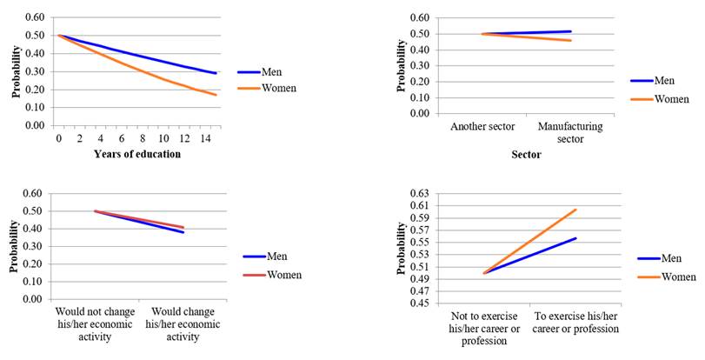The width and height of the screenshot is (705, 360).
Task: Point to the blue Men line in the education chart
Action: (x=139, y=56)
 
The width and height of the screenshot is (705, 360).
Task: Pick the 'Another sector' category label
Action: (x=482, y=126)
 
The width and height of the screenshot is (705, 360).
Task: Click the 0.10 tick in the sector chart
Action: (x=420, y=97)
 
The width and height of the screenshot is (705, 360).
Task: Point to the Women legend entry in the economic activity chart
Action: (x=284, y=275)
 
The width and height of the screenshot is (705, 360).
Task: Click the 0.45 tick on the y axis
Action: (x=421, y=303)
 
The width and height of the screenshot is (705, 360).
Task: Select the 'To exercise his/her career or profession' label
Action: (x=575, y=323)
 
